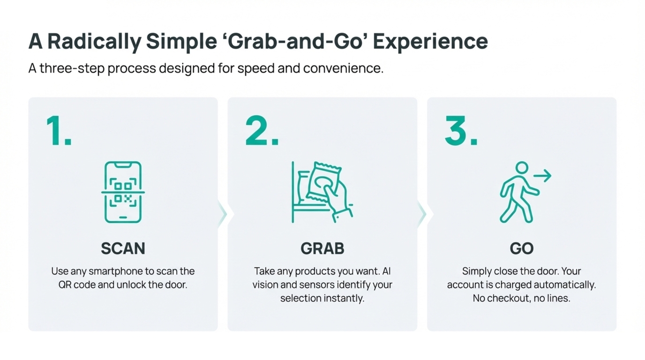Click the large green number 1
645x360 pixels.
(x=59, y=131)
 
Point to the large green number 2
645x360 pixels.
(x=262, y=131)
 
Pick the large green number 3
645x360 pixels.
(x=461, y=131)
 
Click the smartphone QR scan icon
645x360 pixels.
(x=123, y=192)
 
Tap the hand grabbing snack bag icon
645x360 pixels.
(x=322, y=192)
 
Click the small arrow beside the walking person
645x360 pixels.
(x=542, y=176)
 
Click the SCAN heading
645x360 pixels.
(x=123, y=248)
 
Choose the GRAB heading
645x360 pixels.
(x=322, y=248)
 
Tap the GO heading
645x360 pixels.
(x=522, y=248)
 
